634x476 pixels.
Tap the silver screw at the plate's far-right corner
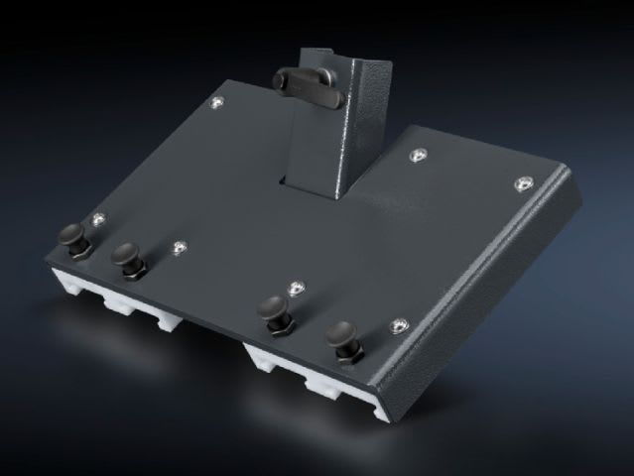pyautogui.click(x=523, y=181)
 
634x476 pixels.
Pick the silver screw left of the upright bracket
pyautogui.click(x=217, y=101)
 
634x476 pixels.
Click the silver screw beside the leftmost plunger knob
pyautogui.click(x=97, y=217)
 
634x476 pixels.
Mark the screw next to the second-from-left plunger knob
pyautogui.click(x=180, y=247)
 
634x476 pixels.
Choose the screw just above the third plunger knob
pyautogui.click(x=296, y=288)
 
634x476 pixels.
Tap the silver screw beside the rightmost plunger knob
pyautogui.click(x=399, y=325)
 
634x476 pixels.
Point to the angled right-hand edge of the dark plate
pyautogui.click(x=496, y=288)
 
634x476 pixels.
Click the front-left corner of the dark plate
pyautogui.click(x=47, y=260)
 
